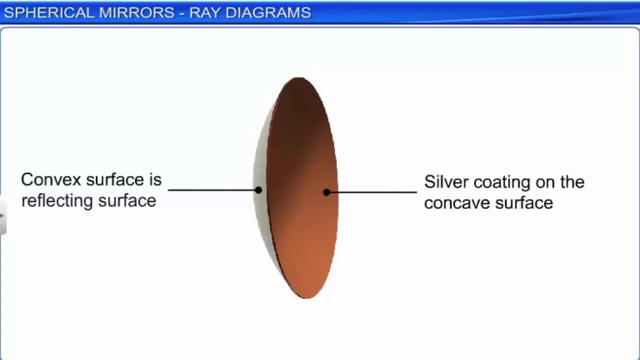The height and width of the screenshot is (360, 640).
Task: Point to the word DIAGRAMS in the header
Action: tap(268, 13)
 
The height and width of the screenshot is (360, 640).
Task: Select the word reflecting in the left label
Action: tap(56, 201)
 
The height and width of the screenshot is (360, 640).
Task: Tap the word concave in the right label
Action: tap(456, 203)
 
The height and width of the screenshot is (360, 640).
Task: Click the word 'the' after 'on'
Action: tap(572, 182)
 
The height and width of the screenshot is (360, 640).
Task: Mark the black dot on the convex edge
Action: tap(258, 190)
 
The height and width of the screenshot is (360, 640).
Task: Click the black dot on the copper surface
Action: tap(326, 192)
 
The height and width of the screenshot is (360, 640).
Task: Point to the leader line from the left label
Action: tap(212, 190)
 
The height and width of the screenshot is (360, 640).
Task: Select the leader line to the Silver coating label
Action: tap(372, 192)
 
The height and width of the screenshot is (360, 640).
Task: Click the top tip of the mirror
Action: tap(299, 79)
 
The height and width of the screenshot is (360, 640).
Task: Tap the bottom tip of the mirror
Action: tap(305, 296)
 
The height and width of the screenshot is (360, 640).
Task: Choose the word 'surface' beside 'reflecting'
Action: tap(127, 201)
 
